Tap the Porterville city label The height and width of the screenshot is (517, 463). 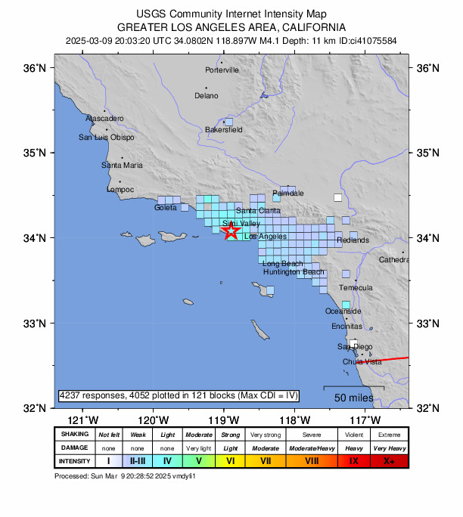coord(222,70)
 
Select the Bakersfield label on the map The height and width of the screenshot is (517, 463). coord(224,130)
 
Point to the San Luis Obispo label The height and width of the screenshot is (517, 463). coord(107,138)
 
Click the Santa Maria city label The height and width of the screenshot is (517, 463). coord(122,165)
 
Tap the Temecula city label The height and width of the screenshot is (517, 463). coord(356,288)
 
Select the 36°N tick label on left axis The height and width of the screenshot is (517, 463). coord(36,68)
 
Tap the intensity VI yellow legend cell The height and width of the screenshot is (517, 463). coord(231,460)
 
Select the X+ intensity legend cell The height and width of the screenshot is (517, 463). coord(389,460)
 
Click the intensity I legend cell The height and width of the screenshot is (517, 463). coord(108,460)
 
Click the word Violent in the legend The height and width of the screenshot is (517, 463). coord(353,435)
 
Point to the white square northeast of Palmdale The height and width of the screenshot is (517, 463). coord(338,198)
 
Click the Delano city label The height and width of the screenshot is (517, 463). coord(206,96)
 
